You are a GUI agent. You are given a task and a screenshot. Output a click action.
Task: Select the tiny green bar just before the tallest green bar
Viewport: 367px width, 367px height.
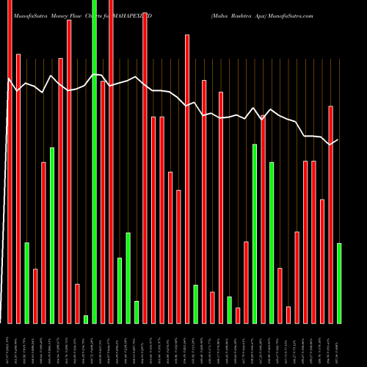[x=86, y=319]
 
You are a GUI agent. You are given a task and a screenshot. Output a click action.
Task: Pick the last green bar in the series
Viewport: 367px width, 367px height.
[x=338, y=283]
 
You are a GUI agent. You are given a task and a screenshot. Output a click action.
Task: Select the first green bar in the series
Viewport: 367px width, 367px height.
[x=26, y=283]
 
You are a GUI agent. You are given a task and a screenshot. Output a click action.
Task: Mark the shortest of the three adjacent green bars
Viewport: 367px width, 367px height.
[x=137, y=312]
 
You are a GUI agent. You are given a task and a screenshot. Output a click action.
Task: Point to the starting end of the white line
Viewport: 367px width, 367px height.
[x=8, y=79]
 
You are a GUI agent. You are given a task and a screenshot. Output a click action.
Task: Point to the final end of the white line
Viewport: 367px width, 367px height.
[x=338, y=139]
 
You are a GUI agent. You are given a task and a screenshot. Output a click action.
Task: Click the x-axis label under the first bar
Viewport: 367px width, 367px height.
[x=10, y=345]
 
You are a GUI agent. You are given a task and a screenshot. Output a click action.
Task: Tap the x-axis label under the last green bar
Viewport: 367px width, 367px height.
[x=338, y=345]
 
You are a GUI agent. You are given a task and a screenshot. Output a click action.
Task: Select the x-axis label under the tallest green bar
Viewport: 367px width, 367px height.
[x=94, y=345]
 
